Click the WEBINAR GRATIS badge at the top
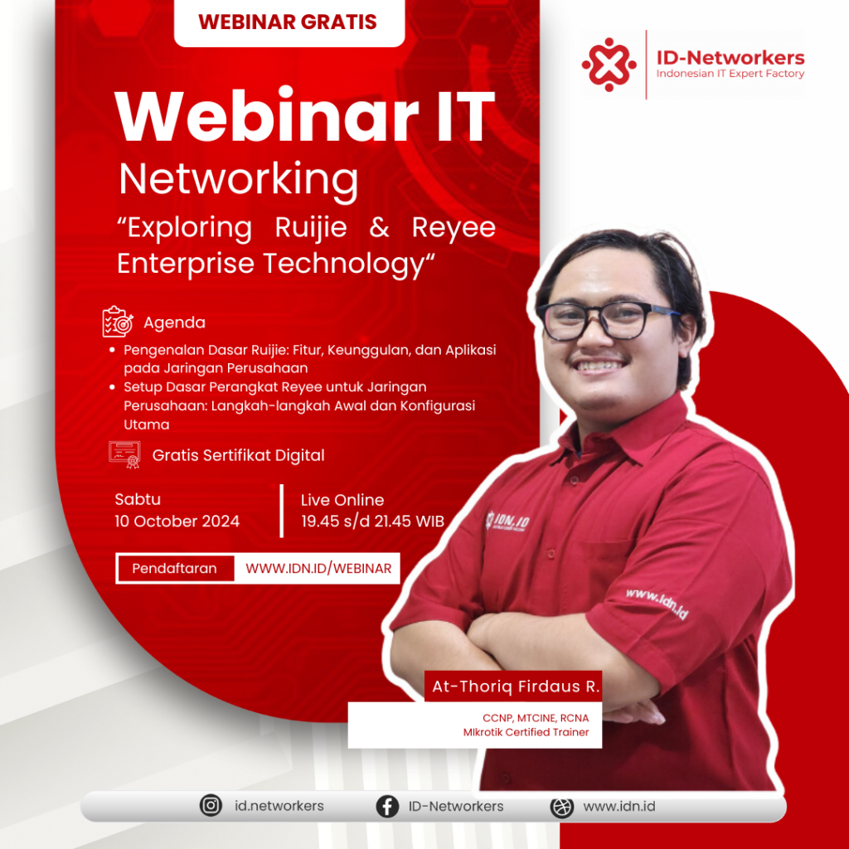[x=289, y=22]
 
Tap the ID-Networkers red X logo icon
[x=609, y=65]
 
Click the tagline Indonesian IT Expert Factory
[x=730, y=74]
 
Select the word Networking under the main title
[x=238, y=180]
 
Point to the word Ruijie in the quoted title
[x=311, y=227]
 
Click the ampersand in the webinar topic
[x=379, y=227]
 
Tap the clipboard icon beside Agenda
[x=118, y=322]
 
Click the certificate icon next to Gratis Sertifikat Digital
[x=124, y=454]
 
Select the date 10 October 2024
[x=177, y=521]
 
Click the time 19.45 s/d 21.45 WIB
[x=372, y=521]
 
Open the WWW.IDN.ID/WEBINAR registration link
[x=318, y=568]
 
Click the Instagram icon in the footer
[x=211, y=805]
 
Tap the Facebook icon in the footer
[x=387, y=806]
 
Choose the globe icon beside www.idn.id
[x=561, y=806]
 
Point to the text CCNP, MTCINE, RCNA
[x=536, y=718]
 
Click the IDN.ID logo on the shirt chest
[x=507, y=521]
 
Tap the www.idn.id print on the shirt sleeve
[x=657, y=604]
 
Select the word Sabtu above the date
[x=138, y=499]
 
